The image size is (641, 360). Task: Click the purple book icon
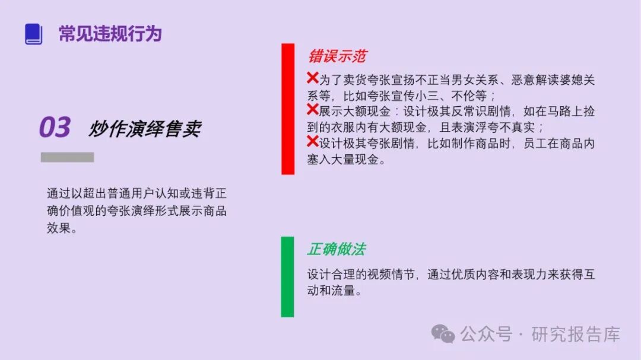(34, 34)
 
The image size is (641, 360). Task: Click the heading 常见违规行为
(110, 34)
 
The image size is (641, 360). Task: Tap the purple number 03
(55, 128)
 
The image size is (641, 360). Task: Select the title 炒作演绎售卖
(145, 129)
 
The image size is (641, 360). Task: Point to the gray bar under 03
(67, 157)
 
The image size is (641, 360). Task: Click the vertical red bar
(288, 109)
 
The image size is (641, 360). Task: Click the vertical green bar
(287, 276)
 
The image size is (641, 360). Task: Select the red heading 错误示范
(337, 56)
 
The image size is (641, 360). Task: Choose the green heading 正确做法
(336, 249)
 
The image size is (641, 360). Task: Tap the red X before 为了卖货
(313, 78)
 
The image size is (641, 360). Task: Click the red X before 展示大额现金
(313, 110)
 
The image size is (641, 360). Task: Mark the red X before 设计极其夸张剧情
(313, 142)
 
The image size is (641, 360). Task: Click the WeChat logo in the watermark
(443, 334)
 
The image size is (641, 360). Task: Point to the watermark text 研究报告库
(576, 334)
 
